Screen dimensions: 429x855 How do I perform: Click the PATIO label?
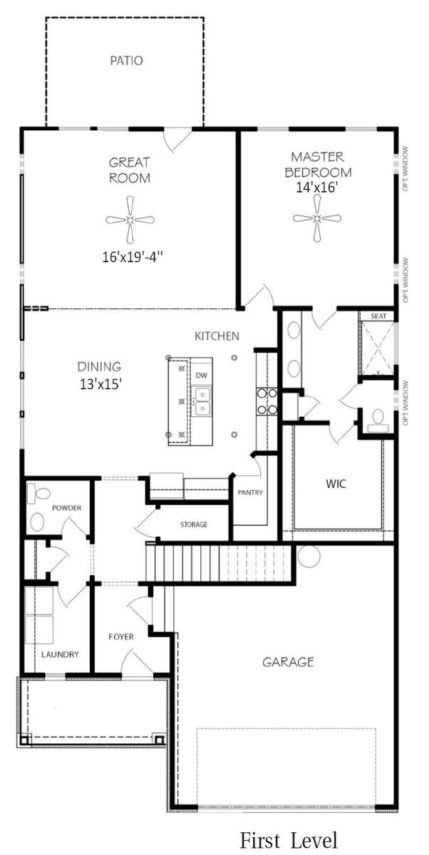coord(126,61)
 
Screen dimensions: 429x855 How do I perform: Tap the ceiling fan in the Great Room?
coord(130,220)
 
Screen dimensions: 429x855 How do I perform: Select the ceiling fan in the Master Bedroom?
coord(317,218)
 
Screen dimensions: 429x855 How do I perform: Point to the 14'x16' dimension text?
coord(318,188)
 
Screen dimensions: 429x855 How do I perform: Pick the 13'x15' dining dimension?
coord(100,384)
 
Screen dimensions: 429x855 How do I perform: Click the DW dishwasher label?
coord(201,375)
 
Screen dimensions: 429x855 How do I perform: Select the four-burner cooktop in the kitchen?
coord(267,400)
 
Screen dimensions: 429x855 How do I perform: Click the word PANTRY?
coord(250,492)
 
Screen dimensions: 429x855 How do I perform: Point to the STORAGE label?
coord(194,524)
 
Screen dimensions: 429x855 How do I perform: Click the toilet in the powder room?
coord(38,493)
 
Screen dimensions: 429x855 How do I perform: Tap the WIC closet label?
coord(336,484)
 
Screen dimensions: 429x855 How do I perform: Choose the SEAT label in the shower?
coord(378,316)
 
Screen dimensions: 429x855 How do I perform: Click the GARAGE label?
coord(288,662)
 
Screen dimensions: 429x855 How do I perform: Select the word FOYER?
coord(121,637)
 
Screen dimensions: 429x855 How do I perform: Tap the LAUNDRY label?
coord(60,654)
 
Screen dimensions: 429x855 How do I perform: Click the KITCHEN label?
coord(217,336)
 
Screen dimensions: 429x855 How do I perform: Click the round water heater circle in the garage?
coord(309,556)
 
